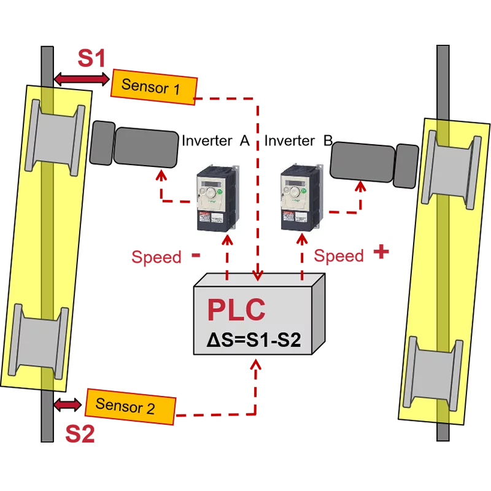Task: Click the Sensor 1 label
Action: (152, 87)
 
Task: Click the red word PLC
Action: (236, 310)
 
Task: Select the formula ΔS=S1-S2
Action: (253, 339)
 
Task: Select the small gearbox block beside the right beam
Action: (406, 166)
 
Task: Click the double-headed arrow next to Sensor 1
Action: (81, 78)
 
